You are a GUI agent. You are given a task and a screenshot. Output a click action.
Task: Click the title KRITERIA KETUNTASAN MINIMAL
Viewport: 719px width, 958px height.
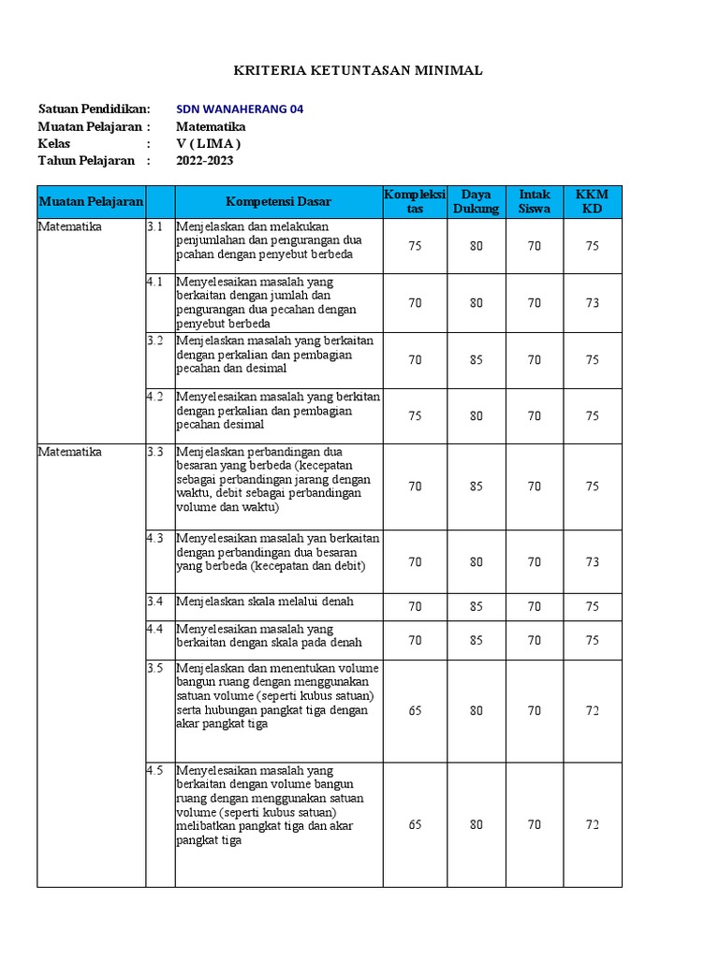pyautogui.click(x=359, y=71)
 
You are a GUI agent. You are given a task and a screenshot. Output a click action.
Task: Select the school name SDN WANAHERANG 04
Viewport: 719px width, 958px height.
pyautogui.click(x=240, y=109)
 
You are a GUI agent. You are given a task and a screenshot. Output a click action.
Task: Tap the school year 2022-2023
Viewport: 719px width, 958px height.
pyautogui.click(x=205, y=160)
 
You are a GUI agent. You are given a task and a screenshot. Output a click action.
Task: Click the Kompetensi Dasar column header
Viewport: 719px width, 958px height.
pyautogui.click(x=278, y=201)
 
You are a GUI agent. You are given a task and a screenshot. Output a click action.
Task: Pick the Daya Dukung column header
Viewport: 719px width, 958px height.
pyautogui.click(x=477, y=201)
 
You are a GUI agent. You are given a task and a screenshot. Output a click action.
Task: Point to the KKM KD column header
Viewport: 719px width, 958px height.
pyautogui.click(x=592, y=201)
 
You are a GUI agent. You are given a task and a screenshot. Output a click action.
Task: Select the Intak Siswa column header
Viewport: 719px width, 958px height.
pyautogui.click(x=535, y=201)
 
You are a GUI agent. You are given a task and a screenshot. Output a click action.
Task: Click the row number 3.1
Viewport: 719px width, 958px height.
pyautogui.click(x=155, y=227)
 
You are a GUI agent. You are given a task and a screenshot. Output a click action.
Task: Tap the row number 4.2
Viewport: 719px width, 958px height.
pyautogui.click(x=155, y=397)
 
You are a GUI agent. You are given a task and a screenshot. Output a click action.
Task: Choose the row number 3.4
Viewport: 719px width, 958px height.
pyautogui.click(x=155, y=601)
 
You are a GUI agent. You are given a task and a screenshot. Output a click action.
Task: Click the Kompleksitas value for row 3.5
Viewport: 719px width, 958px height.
pyautogui.click(x=415, y=711)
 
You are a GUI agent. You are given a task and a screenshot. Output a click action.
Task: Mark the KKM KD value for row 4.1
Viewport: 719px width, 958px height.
pyautogui.click(x=592, y=303)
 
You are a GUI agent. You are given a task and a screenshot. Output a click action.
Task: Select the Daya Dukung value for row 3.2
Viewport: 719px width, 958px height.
pyautogui.click(x=477, y=360)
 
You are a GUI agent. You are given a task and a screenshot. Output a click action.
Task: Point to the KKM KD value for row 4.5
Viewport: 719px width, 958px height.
pyautogui.click(x=592, y=825)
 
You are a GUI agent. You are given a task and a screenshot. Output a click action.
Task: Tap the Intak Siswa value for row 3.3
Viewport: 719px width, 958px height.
pyautogui.click(x=535, y=486)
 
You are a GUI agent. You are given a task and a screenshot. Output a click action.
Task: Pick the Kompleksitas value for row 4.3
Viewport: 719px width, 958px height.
pyautogui.click(x=415, y=562)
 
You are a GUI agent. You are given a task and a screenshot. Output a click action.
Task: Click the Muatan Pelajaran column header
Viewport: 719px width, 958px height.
pyautogui.click(x=91, y=201)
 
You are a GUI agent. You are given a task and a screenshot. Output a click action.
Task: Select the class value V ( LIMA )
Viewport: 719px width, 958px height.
pyautogui.click(x=209, y=143)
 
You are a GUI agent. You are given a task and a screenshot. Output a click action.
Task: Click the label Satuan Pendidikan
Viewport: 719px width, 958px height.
pyautogui.click(x=94, y=109)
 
